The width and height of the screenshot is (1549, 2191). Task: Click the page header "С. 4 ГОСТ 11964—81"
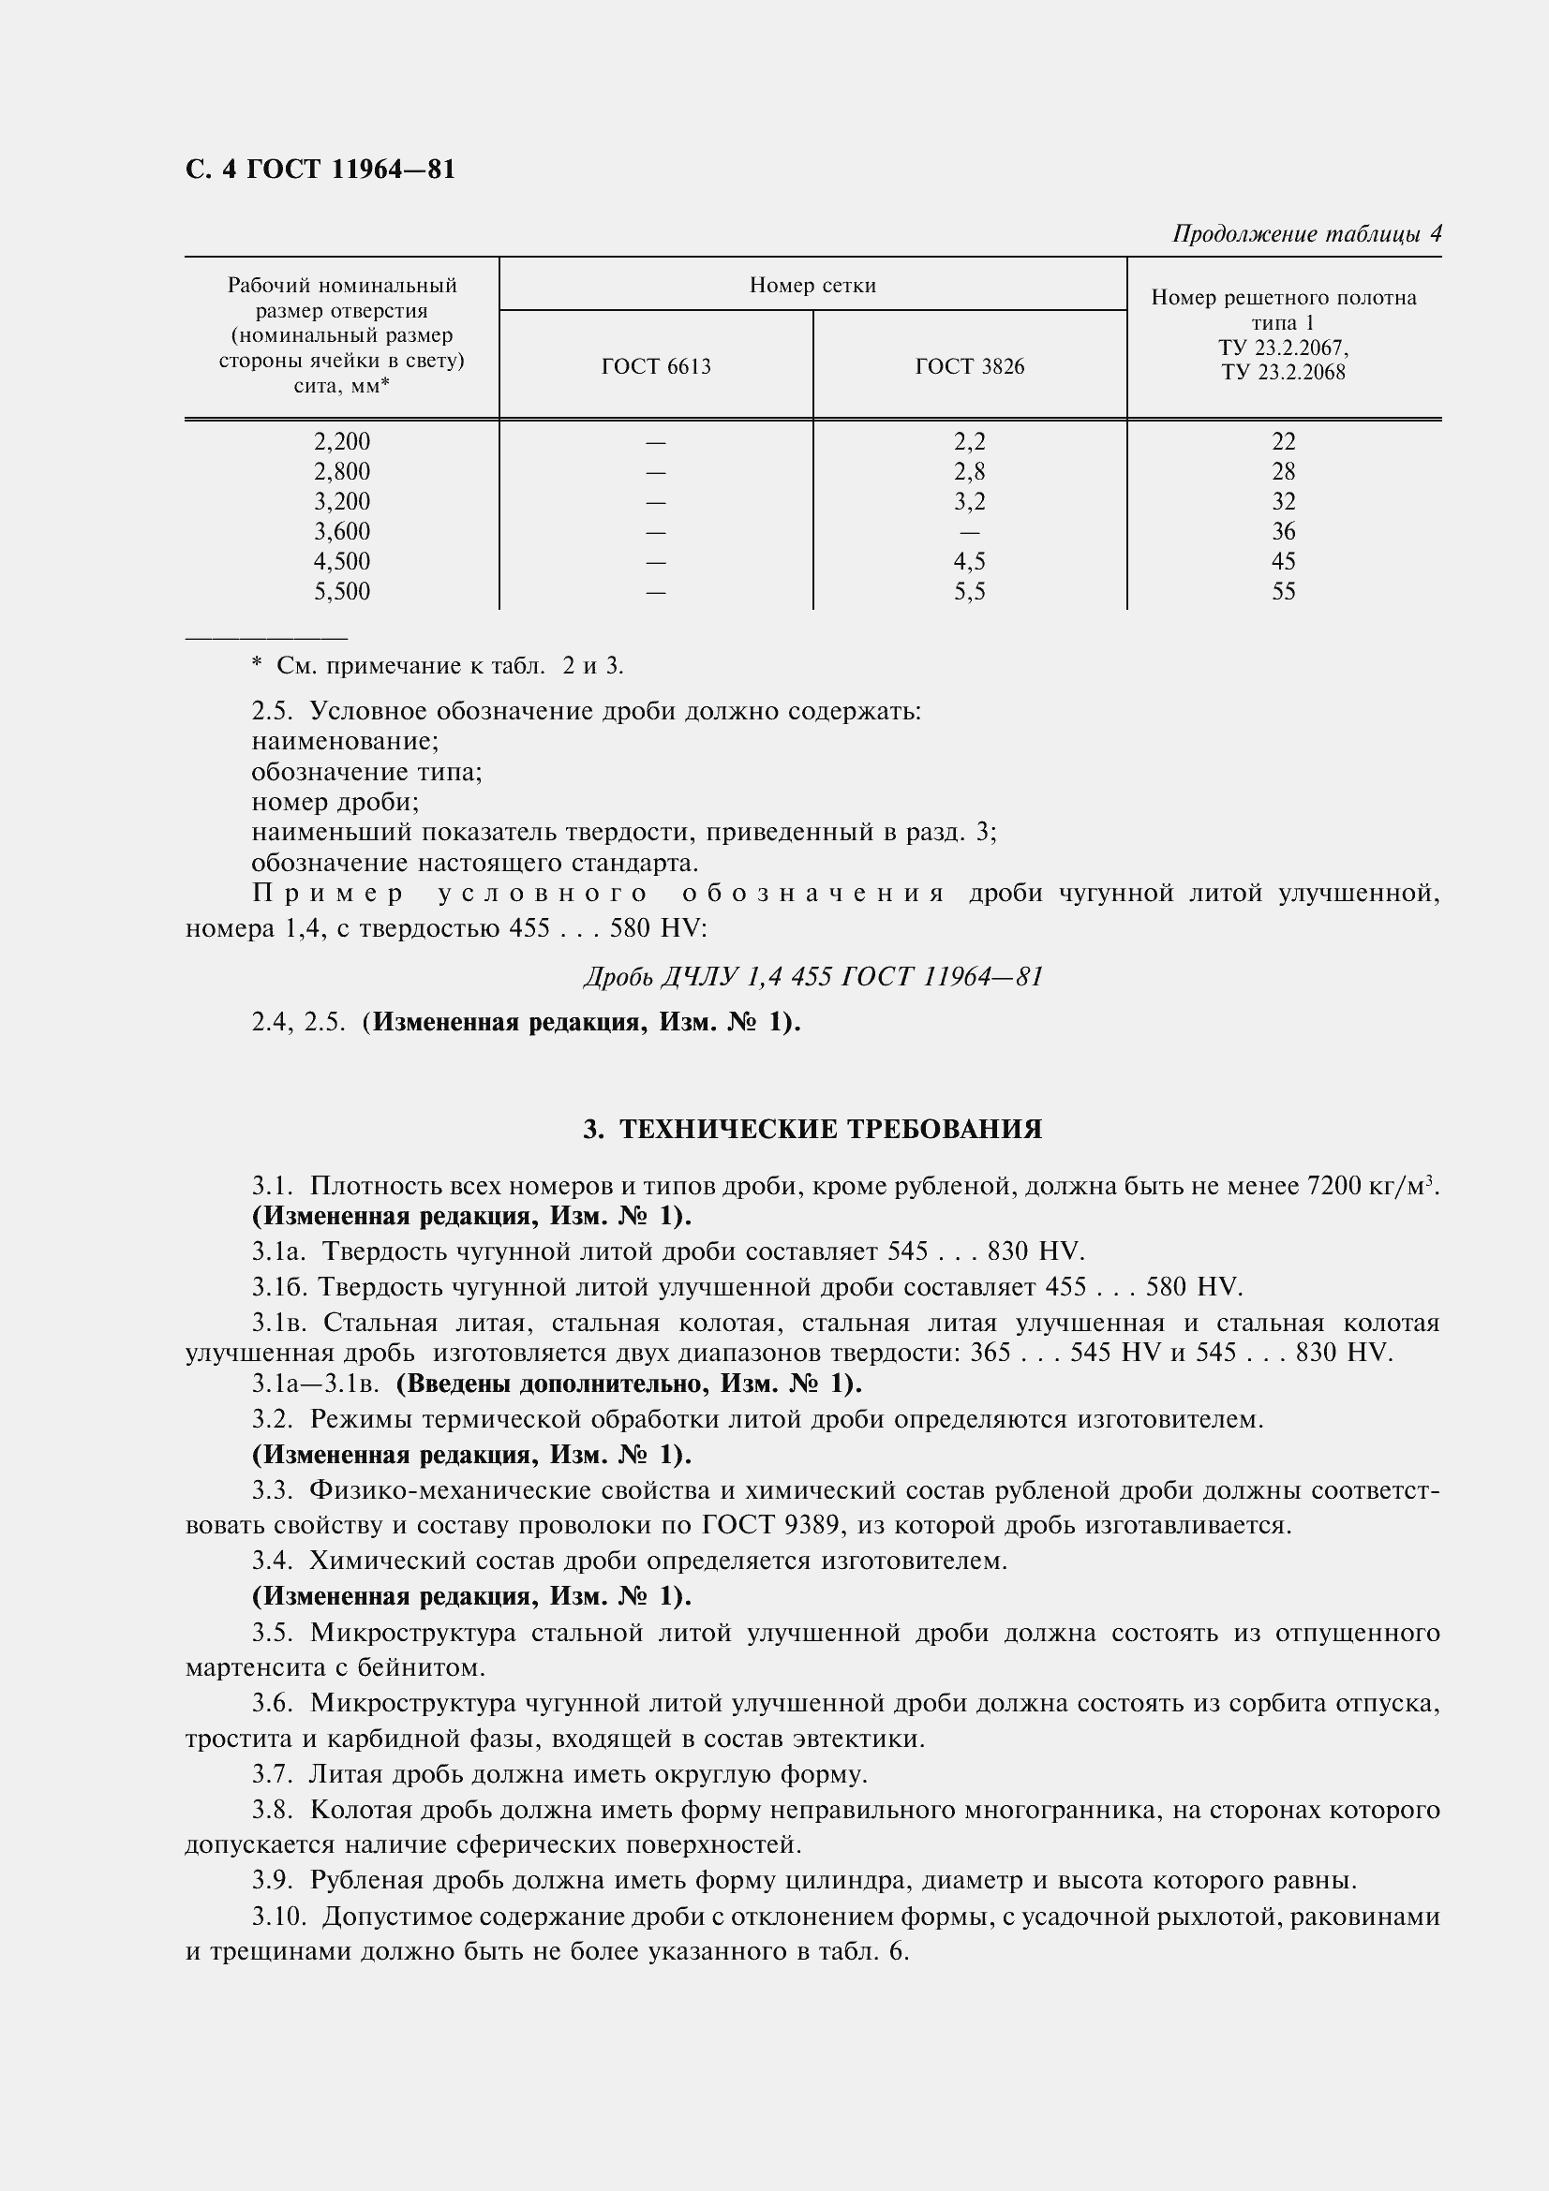coord(320,170)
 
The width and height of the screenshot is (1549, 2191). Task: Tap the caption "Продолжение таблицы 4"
coord(1305,234)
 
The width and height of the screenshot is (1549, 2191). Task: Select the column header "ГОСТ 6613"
coord(656,367)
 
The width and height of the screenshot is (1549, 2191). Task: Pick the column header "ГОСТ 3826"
coord(969,367)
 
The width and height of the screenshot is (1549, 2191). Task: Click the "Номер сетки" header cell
coord(812,286)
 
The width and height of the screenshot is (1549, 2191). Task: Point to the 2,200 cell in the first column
coord(342,442)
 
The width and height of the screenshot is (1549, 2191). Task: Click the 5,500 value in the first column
coord(342,592)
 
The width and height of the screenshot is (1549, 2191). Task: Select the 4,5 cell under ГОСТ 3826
coord(969,562)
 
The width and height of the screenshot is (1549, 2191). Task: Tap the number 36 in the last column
coord(1283,531)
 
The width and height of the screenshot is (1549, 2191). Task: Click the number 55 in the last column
coord(1283,592)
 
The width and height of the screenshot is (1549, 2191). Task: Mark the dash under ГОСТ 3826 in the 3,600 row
coord(969,532)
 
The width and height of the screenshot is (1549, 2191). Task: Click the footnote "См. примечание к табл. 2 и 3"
coord(449,666)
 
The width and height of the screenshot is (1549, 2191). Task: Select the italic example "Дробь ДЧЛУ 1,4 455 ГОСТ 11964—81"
coord(812,976)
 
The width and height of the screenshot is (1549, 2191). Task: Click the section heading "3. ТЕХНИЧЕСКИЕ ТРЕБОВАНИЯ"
coord(812,1130)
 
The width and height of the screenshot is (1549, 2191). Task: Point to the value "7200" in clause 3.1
coord(1334,1186)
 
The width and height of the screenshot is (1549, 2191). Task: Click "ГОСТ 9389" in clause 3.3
coord(771,1525)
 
